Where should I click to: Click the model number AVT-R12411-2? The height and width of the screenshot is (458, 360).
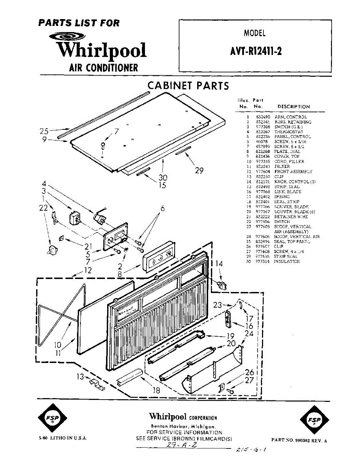[256, 51]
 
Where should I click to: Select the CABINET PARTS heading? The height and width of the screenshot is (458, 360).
[188, 85]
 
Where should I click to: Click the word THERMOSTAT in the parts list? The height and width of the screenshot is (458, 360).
[289, 132]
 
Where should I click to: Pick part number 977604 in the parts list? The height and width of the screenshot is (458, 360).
[262, 171]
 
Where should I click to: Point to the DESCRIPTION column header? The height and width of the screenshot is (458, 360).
[294, 107]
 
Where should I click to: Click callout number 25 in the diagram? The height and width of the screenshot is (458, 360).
[44, 131]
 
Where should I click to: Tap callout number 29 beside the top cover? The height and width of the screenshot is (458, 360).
[199, 171]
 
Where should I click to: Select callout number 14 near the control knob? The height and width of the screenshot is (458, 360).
[219, 263]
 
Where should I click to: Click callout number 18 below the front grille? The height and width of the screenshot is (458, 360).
[156, 390]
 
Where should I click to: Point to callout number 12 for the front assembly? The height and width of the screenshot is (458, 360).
[88, 270]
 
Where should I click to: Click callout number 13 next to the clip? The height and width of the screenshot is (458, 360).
[80, 377]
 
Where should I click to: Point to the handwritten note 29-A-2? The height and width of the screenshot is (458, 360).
[182, 445]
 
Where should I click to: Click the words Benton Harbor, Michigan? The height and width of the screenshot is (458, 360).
[184, 426]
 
